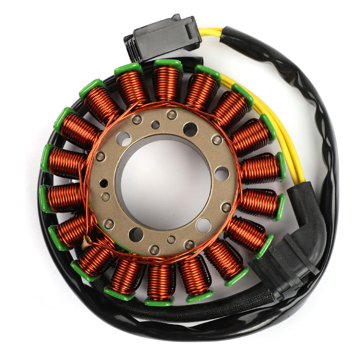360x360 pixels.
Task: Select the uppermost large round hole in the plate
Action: click(x=190, y=130)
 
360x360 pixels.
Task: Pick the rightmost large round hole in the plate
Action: click(x=221, y=173)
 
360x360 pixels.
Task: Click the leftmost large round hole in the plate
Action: click(x=123, y=139)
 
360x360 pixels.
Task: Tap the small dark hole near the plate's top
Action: click(x=155, y=125)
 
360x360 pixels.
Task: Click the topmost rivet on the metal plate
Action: click(x=171, y=115)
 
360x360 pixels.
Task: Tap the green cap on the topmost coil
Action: click(x=168, y=64)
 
